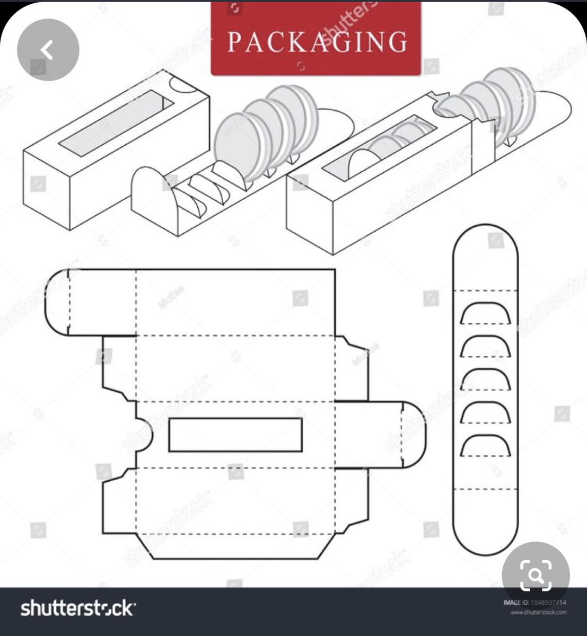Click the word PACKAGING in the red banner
point(317,42)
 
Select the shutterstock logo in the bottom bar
point(77,608)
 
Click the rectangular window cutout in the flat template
point(235,435)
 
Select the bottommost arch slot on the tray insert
point(485,445)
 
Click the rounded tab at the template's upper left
point(57,302)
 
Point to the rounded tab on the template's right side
point(413,435)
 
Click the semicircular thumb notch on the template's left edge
point(144,435)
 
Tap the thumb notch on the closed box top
point(183,85)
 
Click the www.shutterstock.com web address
point(538,613)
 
